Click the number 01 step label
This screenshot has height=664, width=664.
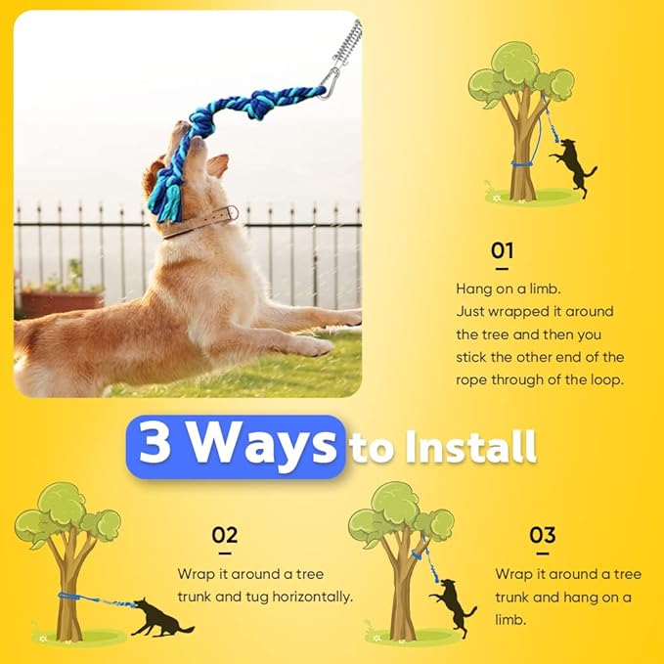click(502, 250)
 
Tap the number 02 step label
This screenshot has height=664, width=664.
click(225, 535)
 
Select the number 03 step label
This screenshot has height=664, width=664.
click(543, 535)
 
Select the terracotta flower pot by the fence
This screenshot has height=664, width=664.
click(61, 300)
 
